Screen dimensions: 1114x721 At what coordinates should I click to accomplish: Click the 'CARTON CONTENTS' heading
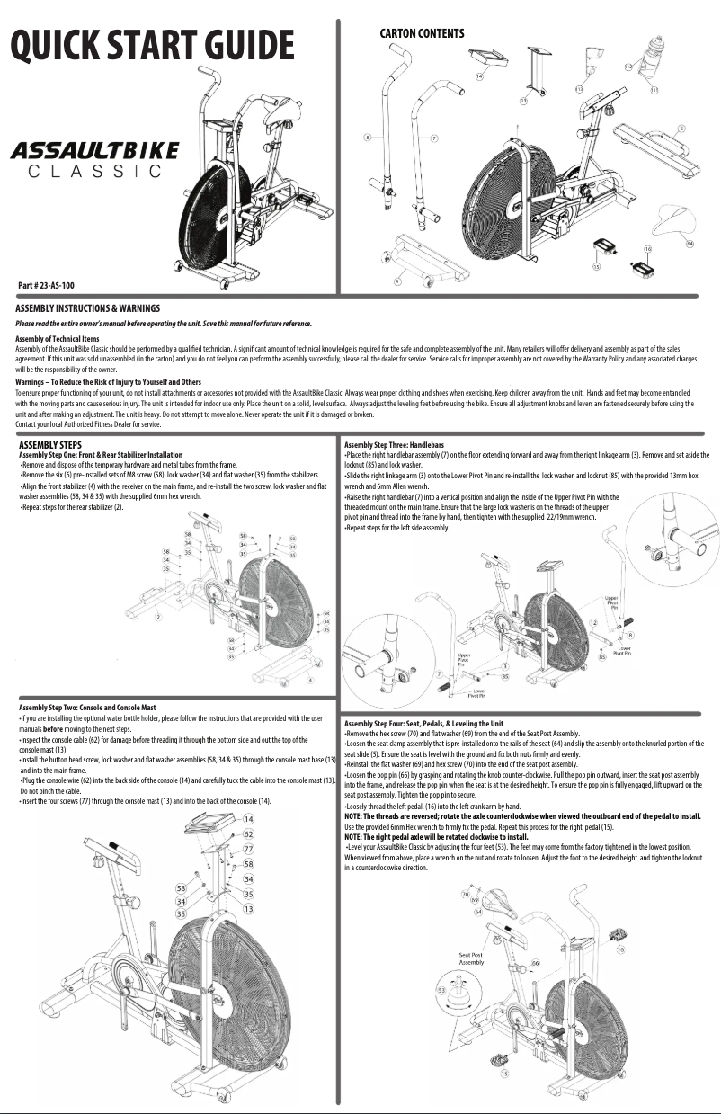[422, 34]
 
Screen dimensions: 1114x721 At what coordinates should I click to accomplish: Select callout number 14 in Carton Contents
[479, 77]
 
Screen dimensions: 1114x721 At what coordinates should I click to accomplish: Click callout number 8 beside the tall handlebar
[367, 138]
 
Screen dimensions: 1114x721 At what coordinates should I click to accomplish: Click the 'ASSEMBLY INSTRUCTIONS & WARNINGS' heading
[88, 308]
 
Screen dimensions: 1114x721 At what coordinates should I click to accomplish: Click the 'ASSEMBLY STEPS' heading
[50, 444]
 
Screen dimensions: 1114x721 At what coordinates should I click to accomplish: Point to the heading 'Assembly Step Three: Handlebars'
[394, 445]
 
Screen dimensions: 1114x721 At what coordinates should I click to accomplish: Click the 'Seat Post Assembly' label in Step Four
[471, 958]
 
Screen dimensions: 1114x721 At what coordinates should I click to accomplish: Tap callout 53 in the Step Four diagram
[442, 989]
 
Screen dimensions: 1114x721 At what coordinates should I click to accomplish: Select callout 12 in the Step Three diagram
[592, 623]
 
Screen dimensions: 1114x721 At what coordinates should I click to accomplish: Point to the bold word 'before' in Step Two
[53, 728]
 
